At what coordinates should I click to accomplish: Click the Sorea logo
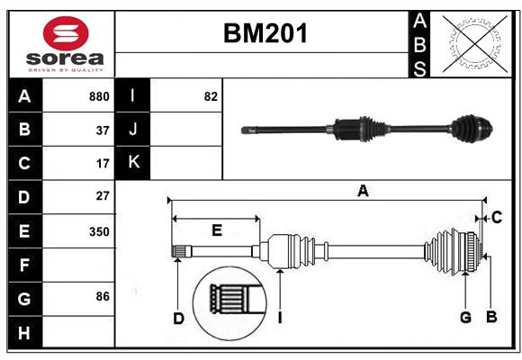(66, 45)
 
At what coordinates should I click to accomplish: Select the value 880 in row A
(99, 96)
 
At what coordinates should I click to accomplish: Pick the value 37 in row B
(103, 130)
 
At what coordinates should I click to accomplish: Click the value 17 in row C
(103, 164)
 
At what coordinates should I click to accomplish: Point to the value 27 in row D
(103, 196)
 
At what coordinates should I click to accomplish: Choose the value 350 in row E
(99, 231)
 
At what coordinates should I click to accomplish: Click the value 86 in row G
(103, 295)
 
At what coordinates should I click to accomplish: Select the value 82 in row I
(211, 96)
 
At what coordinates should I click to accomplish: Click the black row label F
(24, 265)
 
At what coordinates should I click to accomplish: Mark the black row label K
(133, 163)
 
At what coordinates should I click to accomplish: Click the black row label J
(133, 130)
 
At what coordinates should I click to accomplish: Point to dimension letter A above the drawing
(362, 190)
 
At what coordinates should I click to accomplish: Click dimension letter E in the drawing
(216, 230)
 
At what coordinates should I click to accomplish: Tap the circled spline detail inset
(229, 298)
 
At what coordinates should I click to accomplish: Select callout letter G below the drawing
(465, 317)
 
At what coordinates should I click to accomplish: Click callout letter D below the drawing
(178, 317)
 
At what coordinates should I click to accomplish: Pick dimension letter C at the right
(496, 217)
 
